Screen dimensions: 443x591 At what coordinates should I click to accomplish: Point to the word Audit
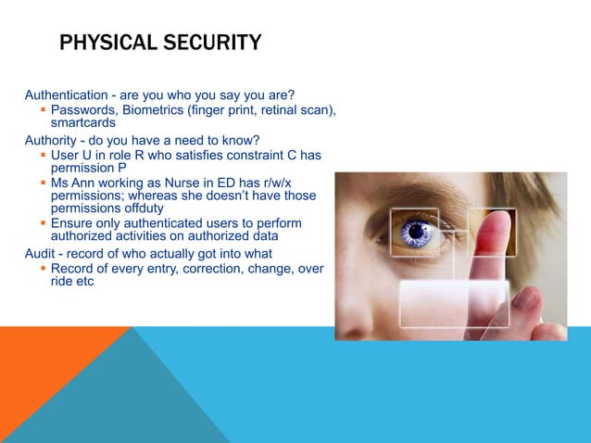tap(41, 253)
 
